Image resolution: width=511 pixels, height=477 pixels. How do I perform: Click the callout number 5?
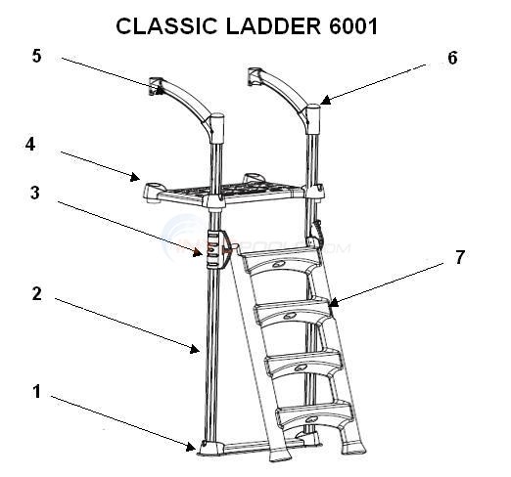coord(36,56)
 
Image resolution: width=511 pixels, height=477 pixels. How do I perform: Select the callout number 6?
coord(451,58)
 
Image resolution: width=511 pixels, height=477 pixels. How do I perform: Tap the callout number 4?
coord(30,143)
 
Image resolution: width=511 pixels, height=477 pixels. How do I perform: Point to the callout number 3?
coord(34,193)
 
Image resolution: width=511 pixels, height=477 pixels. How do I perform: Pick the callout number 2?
coord(36,291)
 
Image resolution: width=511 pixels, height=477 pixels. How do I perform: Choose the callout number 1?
coord(36,392)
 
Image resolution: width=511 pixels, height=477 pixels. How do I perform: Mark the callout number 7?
coord(459,258)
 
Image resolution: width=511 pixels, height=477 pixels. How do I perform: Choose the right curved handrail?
coord(290,93)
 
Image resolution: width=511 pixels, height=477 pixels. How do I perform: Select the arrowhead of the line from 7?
coord(331,305)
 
